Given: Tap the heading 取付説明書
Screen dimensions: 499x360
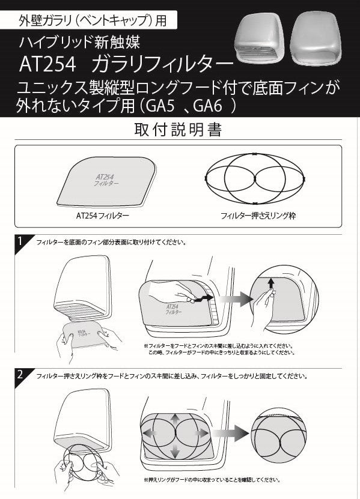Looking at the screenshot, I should [180, 129].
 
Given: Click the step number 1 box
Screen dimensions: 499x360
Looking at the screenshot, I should [20, 241].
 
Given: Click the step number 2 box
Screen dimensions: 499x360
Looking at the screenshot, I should [20, 375].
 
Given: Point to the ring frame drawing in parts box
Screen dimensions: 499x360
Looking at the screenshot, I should [256, 178].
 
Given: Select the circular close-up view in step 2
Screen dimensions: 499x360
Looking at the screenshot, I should [279, 431].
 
